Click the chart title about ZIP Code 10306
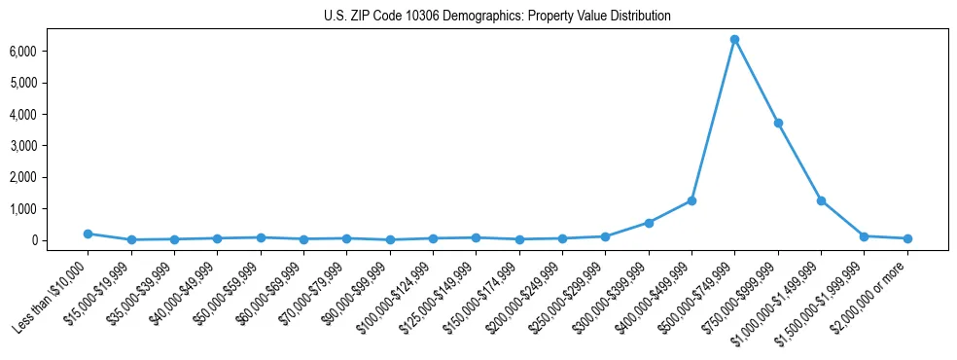point(497,17)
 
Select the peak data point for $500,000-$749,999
point(734,39)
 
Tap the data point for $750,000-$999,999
point(778,123)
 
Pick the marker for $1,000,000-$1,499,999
point(821,200)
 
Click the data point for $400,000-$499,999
point(691,200)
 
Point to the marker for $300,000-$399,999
point(649,223)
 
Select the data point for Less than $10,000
point(88,234)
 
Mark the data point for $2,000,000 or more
point(907,238)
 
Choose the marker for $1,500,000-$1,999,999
point(864,236)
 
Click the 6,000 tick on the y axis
point(49,51)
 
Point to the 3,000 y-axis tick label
point(49,146)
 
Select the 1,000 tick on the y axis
point(49,209)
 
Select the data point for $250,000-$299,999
point(605,236)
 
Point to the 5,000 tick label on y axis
point(49,83)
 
